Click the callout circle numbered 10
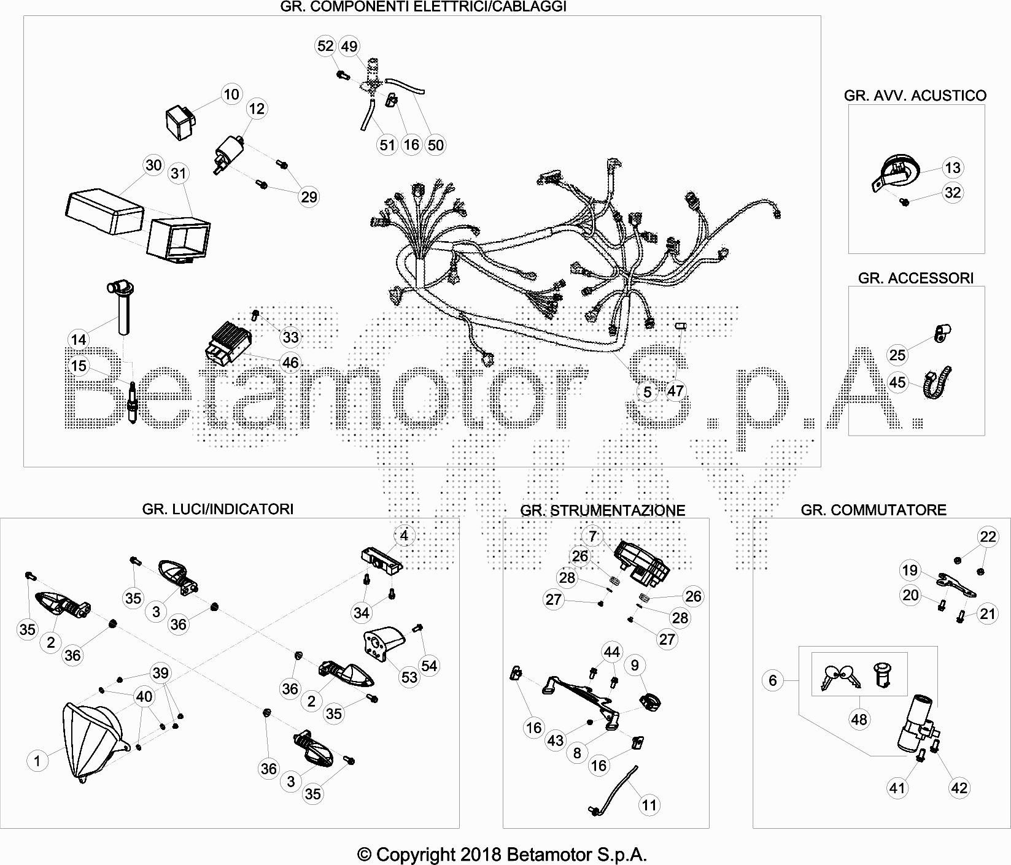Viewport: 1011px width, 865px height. point(231,94)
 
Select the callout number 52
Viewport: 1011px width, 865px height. point(325,46)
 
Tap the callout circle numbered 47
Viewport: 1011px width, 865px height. point(675,391)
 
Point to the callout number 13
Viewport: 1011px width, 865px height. point(953,167)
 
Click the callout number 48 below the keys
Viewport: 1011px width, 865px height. point(859,719)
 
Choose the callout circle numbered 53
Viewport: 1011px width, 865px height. point(409,677)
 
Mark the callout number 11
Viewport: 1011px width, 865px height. point(649,805)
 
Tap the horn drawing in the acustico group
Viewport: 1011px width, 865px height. point(894,173)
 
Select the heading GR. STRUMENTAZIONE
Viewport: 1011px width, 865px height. point(602,510)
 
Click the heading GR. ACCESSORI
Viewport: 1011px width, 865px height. point(915,278)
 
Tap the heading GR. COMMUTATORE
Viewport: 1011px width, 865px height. point(873,509)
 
